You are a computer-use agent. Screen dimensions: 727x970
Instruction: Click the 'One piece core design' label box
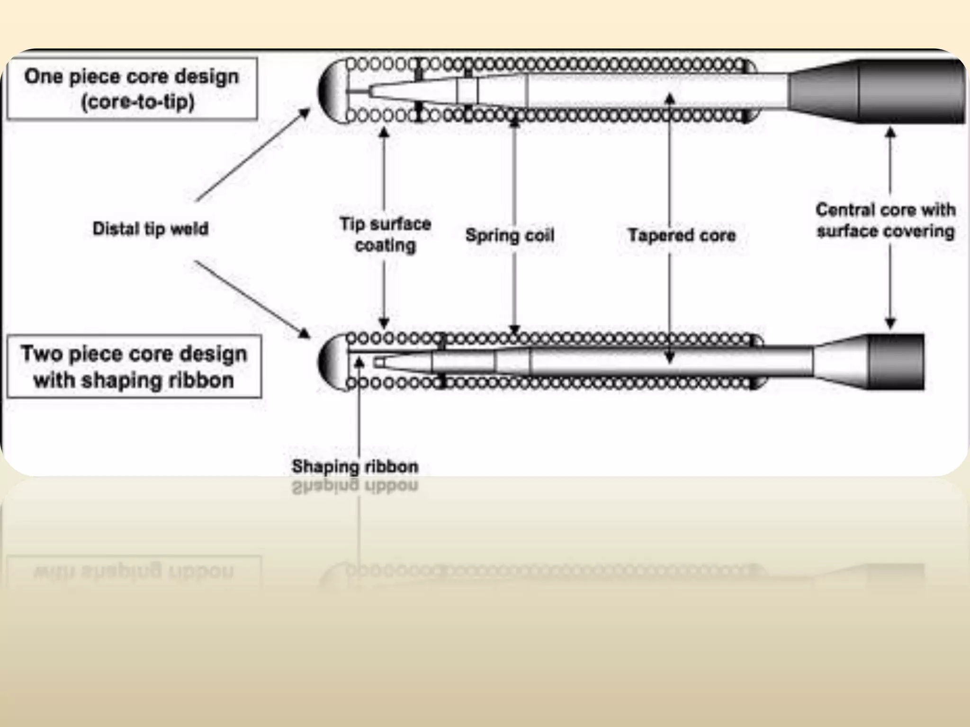point(132,89)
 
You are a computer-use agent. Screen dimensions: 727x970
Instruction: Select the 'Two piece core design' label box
point(134,366)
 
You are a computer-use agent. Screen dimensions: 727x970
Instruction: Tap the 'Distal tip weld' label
point(150,229)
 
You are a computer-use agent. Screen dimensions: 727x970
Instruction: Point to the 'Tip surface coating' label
point(385,234)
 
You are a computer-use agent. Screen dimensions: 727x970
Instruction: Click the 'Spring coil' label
point(510,235)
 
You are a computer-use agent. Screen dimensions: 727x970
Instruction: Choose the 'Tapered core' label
point(682,235)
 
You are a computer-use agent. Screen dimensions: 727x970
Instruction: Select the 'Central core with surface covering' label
point(885,221)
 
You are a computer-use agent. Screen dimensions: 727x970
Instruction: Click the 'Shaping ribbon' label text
point(355,467)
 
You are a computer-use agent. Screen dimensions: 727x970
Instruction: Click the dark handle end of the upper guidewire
point(909,91)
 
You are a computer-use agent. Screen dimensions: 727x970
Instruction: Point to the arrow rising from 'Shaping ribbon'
point(359,407)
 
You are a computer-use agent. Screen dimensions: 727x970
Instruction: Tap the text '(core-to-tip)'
point(138,102)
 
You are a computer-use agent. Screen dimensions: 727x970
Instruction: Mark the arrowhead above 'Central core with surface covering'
point(890,132)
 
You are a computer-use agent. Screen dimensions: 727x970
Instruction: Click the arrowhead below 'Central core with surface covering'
point(890,324)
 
